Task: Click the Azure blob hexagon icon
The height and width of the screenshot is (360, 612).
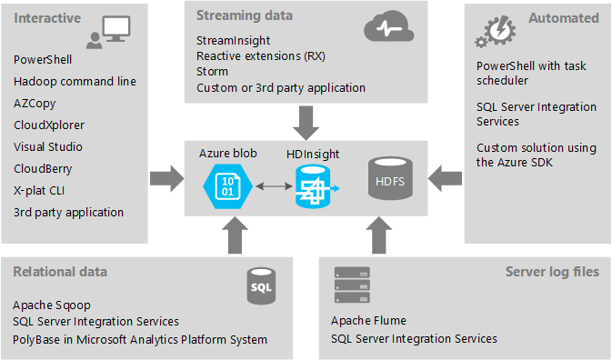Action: pyautogui.click(x=227, y=186)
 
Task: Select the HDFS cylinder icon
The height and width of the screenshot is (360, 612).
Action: pyautogui.click(x=390, y=178)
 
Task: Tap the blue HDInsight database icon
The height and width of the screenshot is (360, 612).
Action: pyautogui.click(x=315, y=187)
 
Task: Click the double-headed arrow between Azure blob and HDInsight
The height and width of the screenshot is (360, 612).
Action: pyautogui.click(x=274, y=186)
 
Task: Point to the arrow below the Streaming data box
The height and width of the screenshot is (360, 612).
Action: pyautogui.click(x=306, y=123)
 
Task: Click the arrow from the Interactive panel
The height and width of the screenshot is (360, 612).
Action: pyautogui.click(x=167, y=178)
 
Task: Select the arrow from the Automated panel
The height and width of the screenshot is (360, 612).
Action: pyautogui.click(x=445, y=178)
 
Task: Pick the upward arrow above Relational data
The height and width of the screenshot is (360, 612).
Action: pyautogui.click(x=235, y=235)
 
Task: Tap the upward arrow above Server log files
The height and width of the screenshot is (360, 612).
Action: pyautogui.click(x=379, y=235)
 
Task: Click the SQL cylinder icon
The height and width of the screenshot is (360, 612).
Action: pyautogui.click(x=261, y=285)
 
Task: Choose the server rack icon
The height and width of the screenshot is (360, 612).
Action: pyautogui.click(x=352, y=285)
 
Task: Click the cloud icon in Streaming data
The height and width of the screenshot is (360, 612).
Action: pyautogui.click(x=388, y=26)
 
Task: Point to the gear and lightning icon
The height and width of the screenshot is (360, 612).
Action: pyautogui.click(x=495, y=31)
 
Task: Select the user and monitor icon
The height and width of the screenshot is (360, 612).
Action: pyautogui.click(x=108, y=33)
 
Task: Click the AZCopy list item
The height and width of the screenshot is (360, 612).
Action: pyautogui.click(x=35, y=104)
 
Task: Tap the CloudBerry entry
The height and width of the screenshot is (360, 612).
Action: pyautogui.click(x=43, y=168)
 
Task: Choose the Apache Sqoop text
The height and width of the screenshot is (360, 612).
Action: pyautogui.click(x=52, y=305)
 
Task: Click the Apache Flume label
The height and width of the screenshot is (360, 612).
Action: pyautogui.click(x=368, y=321)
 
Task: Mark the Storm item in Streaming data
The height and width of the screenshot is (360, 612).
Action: pyautogui.click(x=212, y=72)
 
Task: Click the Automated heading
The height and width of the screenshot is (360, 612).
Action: pyautogui.click(x=564, y=18)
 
